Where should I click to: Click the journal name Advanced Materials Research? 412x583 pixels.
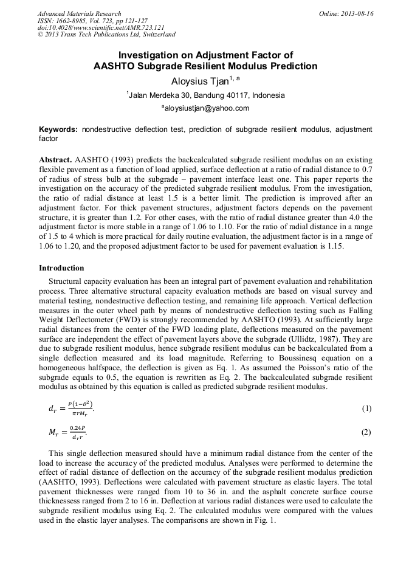pyautogui.click(x=79, y=13)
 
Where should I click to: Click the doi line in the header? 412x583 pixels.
pyautogui.click(x=92, y=28)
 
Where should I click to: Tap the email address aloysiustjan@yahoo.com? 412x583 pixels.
pyautogui.click(x=207, y=108)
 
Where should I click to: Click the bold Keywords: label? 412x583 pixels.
pyautogui.click(x=58, y=129)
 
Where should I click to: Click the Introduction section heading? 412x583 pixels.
pyautogui.click(x=61, y=268)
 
